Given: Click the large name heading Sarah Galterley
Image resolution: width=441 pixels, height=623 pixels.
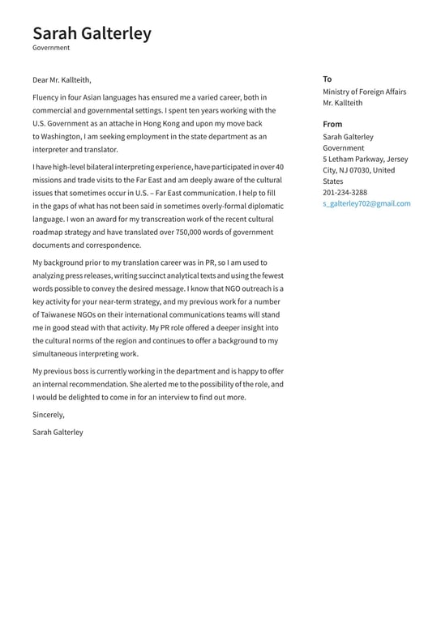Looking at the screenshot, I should click(92, 33).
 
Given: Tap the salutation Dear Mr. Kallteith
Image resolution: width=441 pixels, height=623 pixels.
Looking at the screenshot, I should click(62, 80).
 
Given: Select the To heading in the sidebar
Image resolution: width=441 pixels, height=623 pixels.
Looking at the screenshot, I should click(327, 79).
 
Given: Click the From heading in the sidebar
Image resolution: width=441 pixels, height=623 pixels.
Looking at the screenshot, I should click(332, 124).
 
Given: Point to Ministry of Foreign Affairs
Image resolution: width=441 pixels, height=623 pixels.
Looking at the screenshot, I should click(364, 92).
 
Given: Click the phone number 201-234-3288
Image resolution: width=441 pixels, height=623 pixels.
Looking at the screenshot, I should click(345, 193).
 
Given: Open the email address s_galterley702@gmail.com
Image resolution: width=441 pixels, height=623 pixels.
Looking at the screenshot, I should click(366, 204).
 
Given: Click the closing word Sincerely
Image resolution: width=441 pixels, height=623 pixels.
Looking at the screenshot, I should click(48, 415).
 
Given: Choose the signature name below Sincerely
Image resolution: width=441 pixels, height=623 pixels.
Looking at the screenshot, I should click(58, 433).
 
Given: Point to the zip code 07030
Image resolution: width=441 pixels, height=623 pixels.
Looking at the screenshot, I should click(358, 170).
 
